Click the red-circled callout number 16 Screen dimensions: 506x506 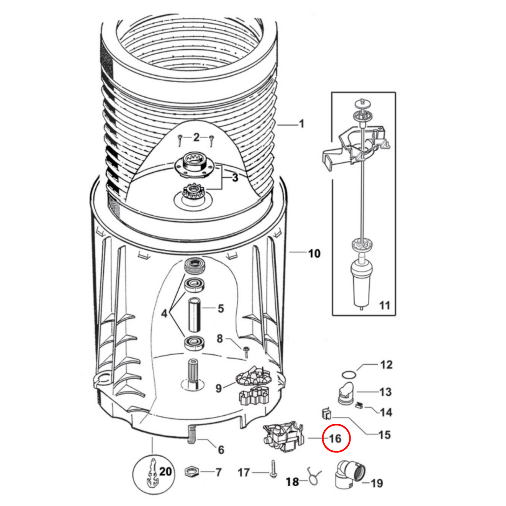click(x=335, y=438)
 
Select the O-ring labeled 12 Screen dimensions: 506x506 click(x=349, y=374)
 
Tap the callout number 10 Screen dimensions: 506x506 click(x=314, y=254)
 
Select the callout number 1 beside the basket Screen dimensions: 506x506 click(x=302, y=123)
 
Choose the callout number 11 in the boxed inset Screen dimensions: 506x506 click(x=384, y=305)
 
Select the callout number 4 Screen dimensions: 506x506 click(x=164, y=313)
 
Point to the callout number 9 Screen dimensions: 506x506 click(x=219, y=388)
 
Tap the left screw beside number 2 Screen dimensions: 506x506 click(x=180, y=140)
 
